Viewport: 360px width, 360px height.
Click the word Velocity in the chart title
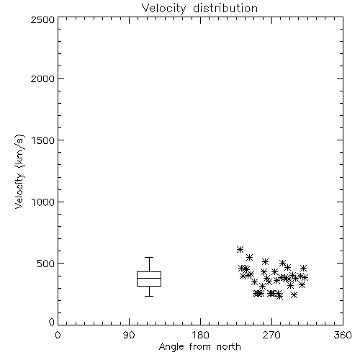click(x=163, y=9)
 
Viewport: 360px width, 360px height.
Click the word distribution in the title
click(x=225, y=8)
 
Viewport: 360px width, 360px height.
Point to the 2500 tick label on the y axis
click(x=42, y=19)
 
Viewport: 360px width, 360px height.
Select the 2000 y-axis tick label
click(x=42, y=78)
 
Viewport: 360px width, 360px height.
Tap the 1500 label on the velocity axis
click(x=43, y=140)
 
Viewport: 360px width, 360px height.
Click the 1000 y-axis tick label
click(x=43, y=202)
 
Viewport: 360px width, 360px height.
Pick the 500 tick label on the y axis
click(x=46, y=264)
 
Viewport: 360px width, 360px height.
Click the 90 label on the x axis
click(x=129, y=335)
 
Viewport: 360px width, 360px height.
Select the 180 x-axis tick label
click(x=200, y=335)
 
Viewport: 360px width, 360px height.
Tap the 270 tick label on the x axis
click(x=271, y=335)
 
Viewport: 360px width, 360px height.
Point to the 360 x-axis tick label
click(x=343, y=335)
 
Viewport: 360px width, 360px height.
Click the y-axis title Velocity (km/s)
click(x=19, y=171)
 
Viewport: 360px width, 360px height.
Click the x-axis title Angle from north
click(x=199, y=347)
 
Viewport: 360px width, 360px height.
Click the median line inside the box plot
click(x=149, y=278)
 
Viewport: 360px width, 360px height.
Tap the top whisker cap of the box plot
click(x=149, y=257)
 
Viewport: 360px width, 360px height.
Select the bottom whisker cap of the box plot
click(x=149, y=296)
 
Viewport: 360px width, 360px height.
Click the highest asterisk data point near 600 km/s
click(x=240, y=249)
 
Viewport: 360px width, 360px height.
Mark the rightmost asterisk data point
click(x=305, y=278)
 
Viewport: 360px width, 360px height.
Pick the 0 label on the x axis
click(x=58, y=335)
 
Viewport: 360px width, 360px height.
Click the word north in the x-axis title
click(x=229, y=346)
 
